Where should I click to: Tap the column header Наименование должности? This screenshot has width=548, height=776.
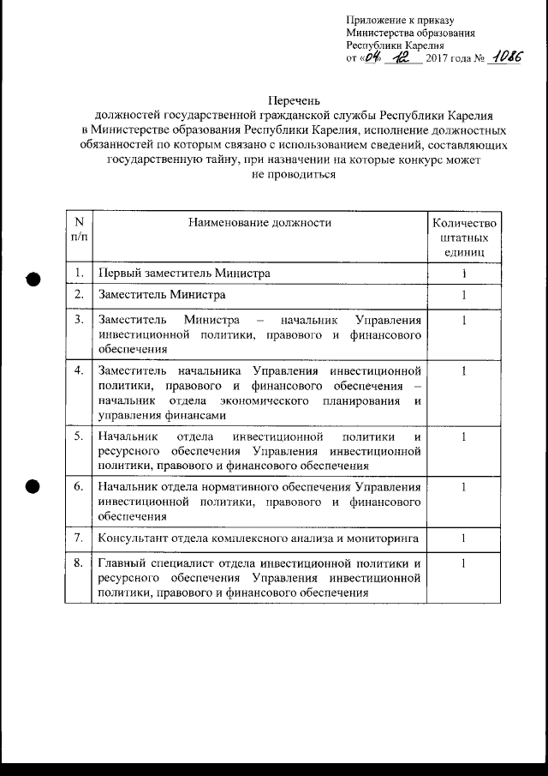click(x=259, y=222)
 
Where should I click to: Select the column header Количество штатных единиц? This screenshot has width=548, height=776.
click(x=464, y=236)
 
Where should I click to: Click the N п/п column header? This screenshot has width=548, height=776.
click(x=78, y=229)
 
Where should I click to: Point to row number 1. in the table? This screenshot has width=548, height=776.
click(x=78, y=273)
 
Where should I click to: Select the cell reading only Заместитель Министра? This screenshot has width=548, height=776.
click(x=162, y=295)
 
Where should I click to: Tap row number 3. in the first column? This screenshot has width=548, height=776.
click(x=78, y=320)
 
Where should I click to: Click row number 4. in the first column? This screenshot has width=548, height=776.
click(x=78, y=370)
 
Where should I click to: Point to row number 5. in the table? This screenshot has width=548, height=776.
click(x=78, y=436)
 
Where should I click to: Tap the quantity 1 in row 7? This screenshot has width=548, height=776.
click(x=463, y=538)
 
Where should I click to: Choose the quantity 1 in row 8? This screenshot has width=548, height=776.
click(x=463, y=562)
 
